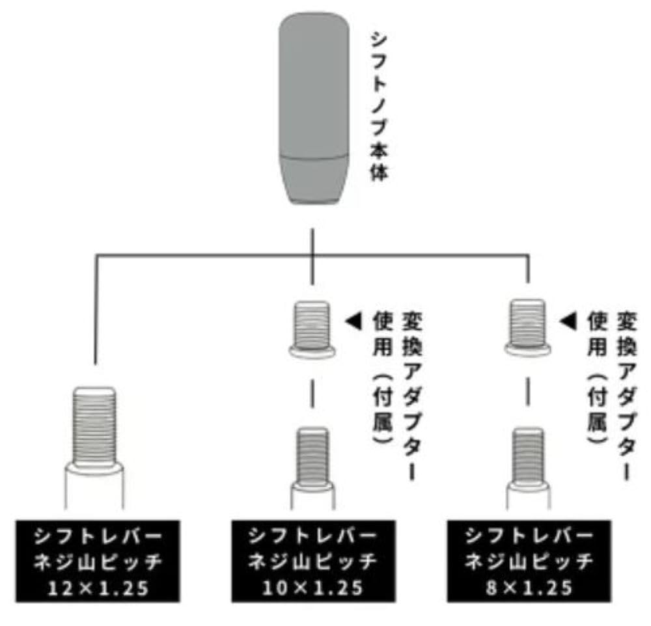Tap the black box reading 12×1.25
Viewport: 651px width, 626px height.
point(96,561)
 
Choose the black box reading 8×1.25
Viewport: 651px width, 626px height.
point(528,561)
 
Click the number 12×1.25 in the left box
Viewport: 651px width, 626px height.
point(96,590)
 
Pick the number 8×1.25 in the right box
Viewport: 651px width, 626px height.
point(528,588)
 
